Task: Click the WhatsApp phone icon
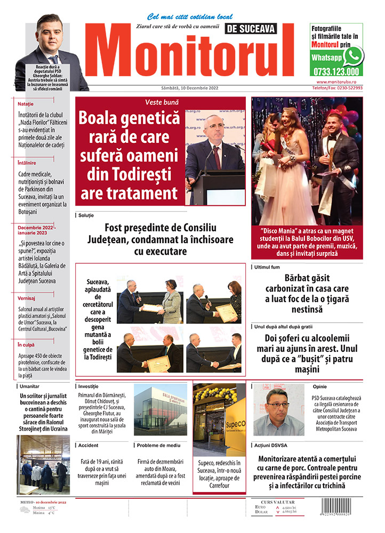[353, 55]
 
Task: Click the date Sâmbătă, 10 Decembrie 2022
[175, 88]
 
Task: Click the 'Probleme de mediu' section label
[158, 445]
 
